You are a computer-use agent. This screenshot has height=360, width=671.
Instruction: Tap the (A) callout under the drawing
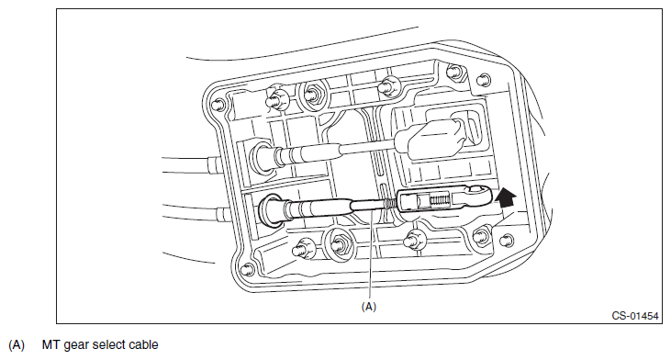pos(369,307)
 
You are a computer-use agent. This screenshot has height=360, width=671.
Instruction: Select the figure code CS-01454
pos(634,316)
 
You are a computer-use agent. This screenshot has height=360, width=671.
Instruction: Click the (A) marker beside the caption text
pos(17,345)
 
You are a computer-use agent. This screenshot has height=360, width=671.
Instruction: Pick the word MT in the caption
pos(50,344)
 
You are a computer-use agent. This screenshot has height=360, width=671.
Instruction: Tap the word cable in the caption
pos(143,344)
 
